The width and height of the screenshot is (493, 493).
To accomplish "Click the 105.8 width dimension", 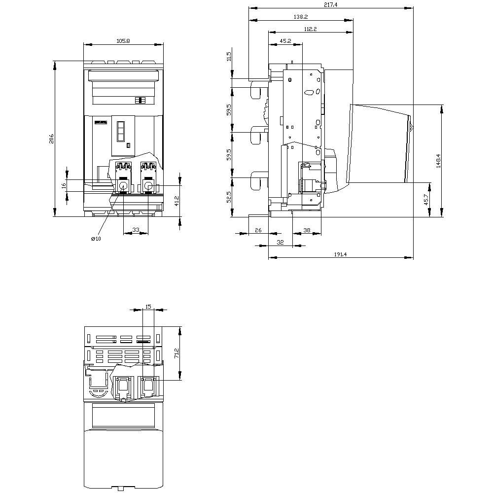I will coord(123,41).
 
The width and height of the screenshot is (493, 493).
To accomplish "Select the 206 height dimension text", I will coord(51,139).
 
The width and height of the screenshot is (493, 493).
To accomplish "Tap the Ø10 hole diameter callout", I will coord(96,239).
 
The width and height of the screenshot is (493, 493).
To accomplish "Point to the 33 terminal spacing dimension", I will coord(135,230).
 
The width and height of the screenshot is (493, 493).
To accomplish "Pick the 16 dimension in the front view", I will coord(64,185).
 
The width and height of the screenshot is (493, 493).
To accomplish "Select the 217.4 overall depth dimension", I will coord(331,4).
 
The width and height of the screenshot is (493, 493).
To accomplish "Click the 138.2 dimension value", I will coord(301,17).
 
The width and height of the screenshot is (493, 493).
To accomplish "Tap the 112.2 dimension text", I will coord(310,29).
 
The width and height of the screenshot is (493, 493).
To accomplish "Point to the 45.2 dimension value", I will coord(285,41).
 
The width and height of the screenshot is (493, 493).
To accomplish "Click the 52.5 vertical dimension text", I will coord(228,197).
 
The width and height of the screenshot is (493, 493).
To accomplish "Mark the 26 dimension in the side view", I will coord(258,230).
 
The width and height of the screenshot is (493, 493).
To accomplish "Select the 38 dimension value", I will coord(306,230).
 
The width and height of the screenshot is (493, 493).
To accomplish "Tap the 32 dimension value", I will coord(281,242).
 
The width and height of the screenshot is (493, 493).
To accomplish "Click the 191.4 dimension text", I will coord(340,254).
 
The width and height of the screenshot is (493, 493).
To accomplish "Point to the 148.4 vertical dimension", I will coord(438,161).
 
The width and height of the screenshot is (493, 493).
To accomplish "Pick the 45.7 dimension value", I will coord(426,200).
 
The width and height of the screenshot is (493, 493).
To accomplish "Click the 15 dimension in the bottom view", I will coord(148,306).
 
